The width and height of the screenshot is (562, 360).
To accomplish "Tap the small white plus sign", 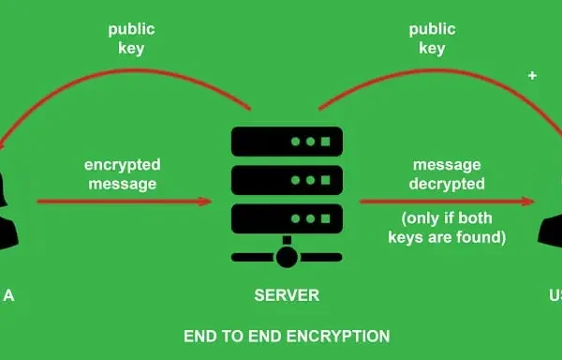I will point(533,75).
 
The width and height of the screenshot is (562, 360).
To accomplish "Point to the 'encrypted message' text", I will point(121,174).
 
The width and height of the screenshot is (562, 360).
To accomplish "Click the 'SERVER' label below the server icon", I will point(287,295).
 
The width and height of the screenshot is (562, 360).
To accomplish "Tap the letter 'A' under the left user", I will point(8,295).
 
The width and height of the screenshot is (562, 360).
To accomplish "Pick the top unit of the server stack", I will point(287,141).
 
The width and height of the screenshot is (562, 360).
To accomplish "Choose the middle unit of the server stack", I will point(287,178).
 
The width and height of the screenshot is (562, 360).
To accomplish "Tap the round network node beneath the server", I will point(287,255).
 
